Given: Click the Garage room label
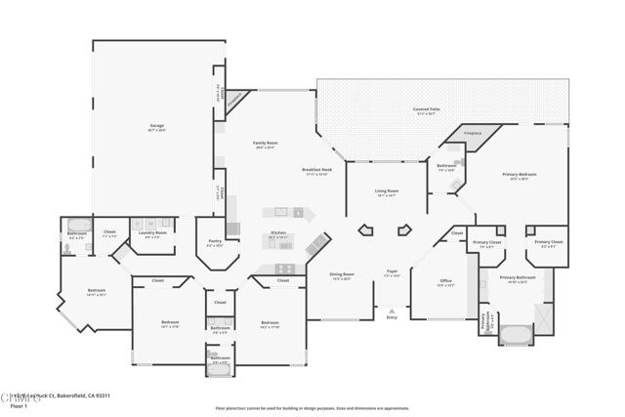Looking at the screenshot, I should click(156, 126).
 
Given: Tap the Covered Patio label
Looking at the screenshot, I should click(424, 109).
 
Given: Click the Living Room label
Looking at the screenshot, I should click(387, 191).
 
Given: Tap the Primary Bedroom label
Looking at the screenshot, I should click(521, 175).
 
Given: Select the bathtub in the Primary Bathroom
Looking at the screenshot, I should click(516, 336).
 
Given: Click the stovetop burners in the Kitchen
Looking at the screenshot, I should click(284, 269).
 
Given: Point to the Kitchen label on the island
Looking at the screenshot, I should click(280, 233).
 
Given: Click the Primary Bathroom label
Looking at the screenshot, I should click(519, 278).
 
